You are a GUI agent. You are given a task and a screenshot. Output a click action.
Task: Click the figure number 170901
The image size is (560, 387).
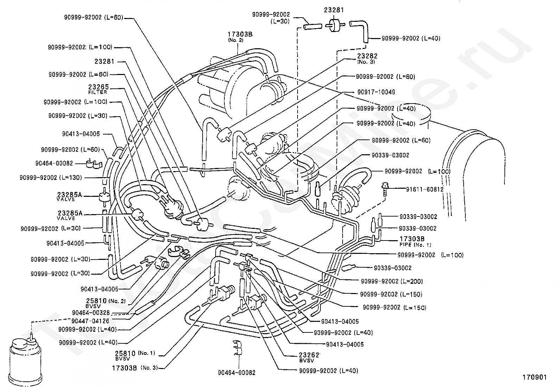(x=535, y=377)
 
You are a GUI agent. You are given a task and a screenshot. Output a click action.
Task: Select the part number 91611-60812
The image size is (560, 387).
(x=425, y=189)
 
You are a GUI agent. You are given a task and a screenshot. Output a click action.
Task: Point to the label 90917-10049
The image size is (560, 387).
(x=376, y=92)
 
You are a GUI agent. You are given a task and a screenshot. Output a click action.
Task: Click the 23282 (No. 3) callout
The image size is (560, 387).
(x=367, y=58)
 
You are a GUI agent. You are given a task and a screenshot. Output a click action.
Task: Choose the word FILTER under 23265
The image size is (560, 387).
(x=97, y=92)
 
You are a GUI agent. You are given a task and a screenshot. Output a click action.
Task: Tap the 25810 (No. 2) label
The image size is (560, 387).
(x=106, y=303)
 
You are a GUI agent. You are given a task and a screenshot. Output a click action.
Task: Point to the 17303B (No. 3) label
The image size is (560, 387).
(x=135, y=368)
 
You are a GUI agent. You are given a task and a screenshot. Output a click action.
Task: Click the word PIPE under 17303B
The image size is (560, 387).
(x=405, y=245)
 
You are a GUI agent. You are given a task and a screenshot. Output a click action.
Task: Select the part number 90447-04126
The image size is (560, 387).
(x=90, y=321)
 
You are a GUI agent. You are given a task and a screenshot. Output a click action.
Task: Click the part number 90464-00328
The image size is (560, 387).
(x=91, y=313)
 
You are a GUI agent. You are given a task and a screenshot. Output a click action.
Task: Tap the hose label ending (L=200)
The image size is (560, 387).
(x=392, y=281)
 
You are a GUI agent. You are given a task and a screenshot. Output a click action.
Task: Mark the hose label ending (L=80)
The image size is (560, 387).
(x=386, y=77)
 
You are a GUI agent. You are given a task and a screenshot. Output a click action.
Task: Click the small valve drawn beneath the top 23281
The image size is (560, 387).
(x=335, y=25)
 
